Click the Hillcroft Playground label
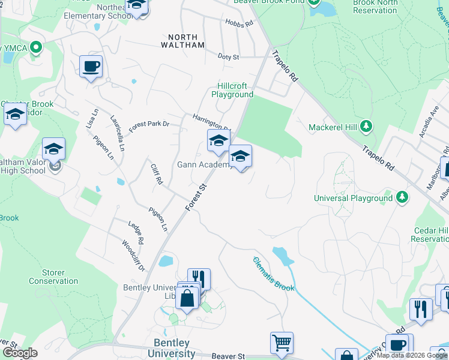[232, 90]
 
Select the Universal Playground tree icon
[402, 197]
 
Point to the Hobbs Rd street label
[240, 23]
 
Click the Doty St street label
[228, 57]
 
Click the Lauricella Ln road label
[118, 133]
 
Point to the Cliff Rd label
[157, 174]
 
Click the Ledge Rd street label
[136, 232]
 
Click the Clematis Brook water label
[274, 274]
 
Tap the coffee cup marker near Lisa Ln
[91, 66]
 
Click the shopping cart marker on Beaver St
[282, 343]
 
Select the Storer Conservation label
[53, 277]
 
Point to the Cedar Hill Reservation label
[430, 235]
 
